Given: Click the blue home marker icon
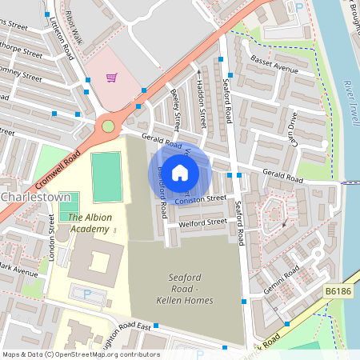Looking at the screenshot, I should click(x=181, y=172).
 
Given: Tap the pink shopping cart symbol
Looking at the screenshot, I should click(x=112, y=78).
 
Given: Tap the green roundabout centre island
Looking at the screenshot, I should click(x=108, y=126).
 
